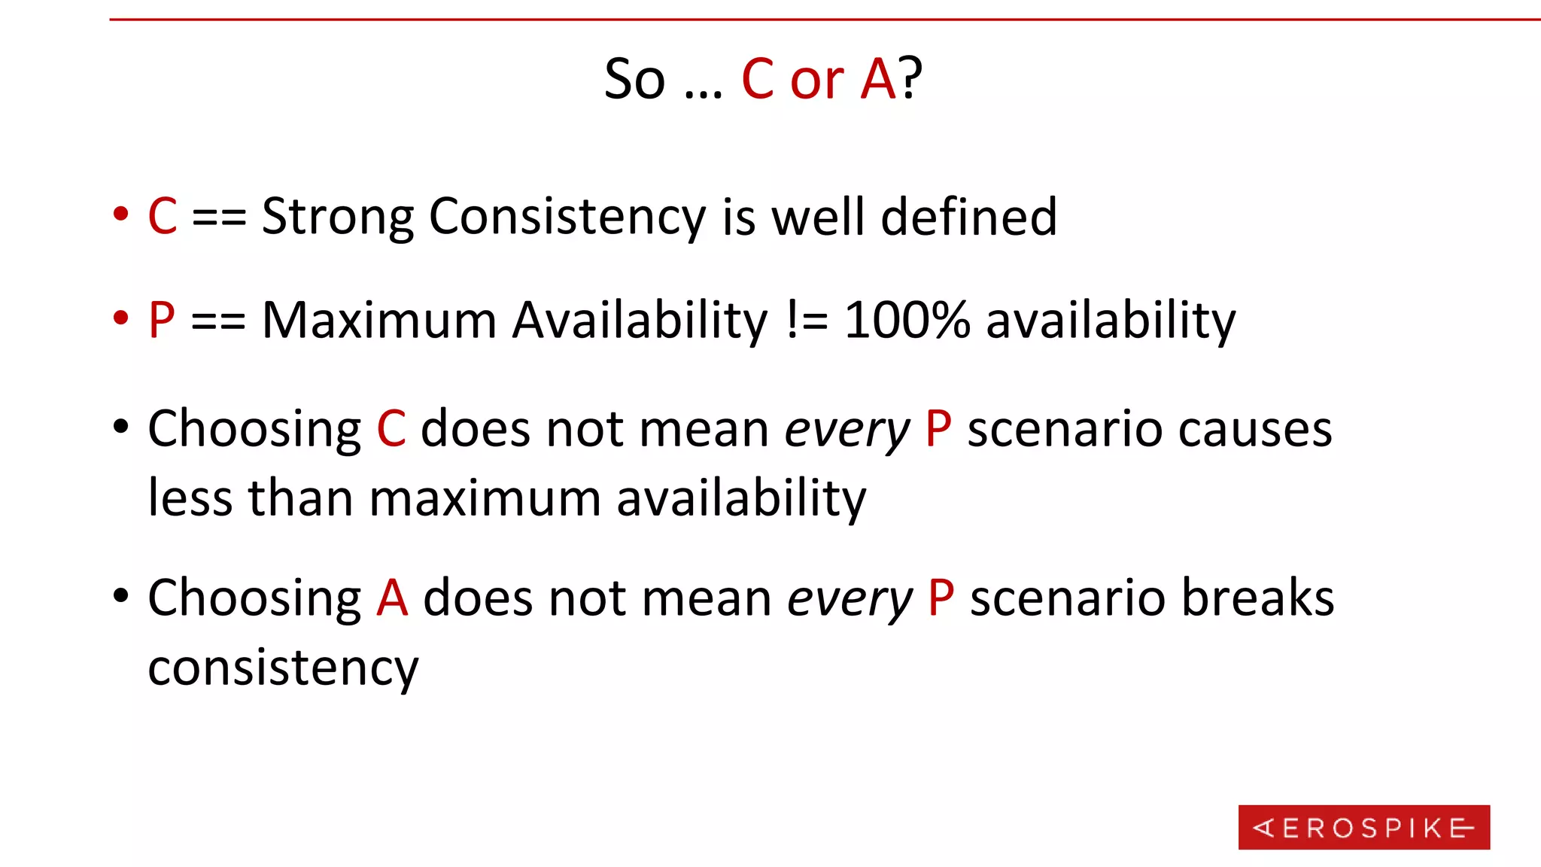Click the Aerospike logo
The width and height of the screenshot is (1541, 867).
1363,827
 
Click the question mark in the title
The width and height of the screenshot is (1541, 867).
910,78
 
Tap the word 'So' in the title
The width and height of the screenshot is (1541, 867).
635,80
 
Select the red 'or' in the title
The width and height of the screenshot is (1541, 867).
816,80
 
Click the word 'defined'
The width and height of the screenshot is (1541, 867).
968,217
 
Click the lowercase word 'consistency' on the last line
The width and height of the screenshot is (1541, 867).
283,668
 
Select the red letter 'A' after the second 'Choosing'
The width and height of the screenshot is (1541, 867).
392,599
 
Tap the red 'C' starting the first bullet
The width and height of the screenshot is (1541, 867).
163,217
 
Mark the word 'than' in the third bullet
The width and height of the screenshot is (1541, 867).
300,498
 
